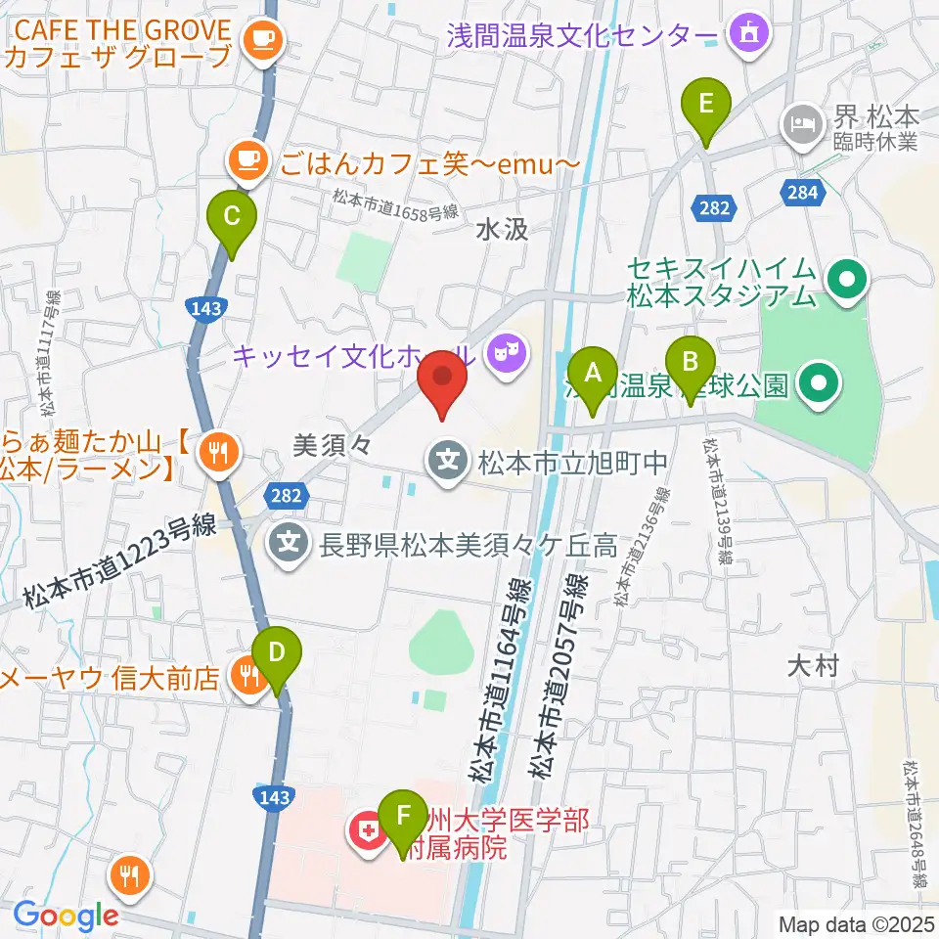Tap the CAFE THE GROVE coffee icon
(x=261, y=39)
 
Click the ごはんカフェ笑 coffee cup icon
(x=248, y=156)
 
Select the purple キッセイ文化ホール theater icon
(x=506, y=348)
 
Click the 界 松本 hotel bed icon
(x=801, y=123)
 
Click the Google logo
(x=66, y=915)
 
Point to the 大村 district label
(x=812, y=667)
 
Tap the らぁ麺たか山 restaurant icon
(x=216, y=451)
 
